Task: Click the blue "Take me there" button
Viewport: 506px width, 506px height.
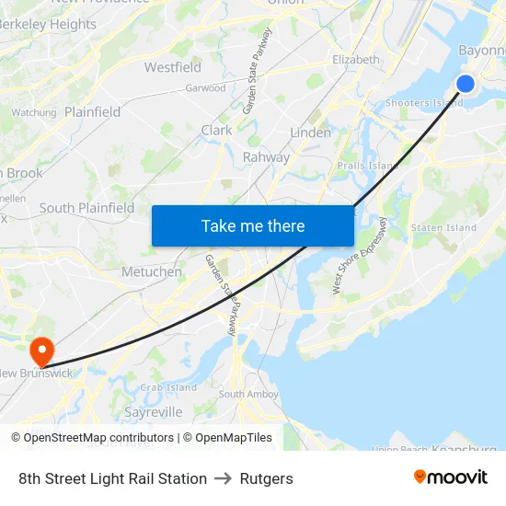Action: [253, 225]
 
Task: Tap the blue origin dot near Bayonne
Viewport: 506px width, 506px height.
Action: [466, 84]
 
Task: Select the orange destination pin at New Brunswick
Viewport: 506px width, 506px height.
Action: [41, 351]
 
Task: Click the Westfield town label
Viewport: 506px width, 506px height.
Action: [173, 67]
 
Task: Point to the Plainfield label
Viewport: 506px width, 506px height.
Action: [92, 111]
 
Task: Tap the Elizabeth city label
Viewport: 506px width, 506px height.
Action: [356, 59]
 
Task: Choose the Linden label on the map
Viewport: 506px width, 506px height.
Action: [310, 132]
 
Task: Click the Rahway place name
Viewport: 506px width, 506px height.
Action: [266, 156]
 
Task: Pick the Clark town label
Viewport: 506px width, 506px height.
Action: [217, 131]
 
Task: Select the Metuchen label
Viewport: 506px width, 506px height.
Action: [152, 271]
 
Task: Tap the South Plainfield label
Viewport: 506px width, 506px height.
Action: [86, 208]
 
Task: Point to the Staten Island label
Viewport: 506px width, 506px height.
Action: [443, 227]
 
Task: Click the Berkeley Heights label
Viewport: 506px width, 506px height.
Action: [48, 24]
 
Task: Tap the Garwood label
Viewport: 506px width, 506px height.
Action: [205, 88]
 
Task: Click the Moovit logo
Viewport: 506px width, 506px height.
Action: [451, 477]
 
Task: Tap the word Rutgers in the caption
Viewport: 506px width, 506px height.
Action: [267, 478]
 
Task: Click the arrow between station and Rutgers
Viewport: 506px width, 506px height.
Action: [224, 478]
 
